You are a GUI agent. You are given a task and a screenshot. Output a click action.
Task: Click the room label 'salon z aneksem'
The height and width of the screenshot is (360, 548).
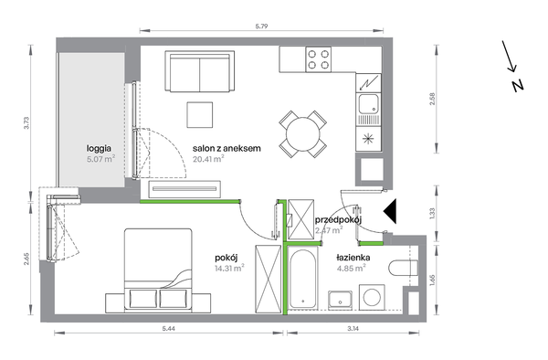click(x=227, y=148)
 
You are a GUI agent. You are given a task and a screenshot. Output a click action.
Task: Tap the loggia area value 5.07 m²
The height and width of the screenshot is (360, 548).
click(x=101, y=159)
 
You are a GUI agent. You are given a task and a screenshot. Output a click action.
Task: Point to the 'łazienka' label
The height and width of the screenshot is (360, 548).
click(x=353, y=258)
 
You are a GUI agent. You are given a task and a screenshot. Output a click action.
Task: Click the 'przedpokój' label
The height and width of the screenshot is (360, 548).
click(x=338, y=220)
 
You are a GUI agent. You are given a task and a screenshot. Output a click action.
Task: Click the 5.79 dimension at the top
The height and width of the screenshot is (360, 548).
click(x=261, y=26)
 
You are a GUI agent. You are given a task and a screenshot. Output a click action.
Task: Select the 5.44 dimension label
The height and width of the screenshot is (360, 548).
click(x=168, y=328)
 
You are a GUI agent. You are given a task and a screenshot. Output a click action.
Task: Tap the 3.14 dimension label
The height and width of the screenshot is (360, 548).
click(x=353, y=328)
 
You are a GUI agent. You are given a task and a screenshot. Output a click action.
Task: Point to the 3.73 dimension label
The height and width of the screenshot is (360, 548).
click(x=26, y=123)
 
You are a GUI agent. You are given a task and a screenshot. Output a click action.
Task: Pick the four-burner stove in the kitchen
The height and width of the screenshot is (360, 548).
click(x=319, y=59)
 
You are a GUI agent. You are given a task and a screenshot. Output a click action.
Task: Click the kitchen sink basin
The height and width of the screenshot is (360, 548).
click(x=368, y=104)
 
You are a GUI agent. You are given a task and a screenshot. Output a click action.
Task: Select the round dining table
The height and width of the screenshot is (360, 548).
click(x=302, y=134)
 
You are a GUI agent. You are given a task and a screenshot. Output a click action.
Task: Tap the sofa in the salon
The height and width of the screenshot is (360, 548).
click(x=199, y=71)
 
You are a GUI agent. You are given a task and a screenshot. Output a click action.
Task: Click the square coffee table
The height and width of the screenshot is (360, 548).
click(x=199, y=114)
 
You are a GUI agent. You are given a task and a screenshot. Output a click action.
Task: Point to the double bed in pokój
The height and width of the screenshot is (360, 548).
click(x=158, y=269)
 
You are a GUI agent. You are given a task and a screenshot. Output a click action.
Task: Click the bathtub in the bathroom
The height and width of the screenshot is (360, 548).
click(x=303, y=279)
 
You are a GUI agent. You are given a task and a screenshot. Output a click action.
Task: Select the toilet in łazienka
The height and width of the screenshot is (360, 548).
click(x=404, y=269)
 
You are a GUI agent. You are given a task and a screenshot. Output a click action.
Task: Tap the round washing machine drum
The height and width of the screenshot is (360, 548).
click(x=372, y=298)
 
